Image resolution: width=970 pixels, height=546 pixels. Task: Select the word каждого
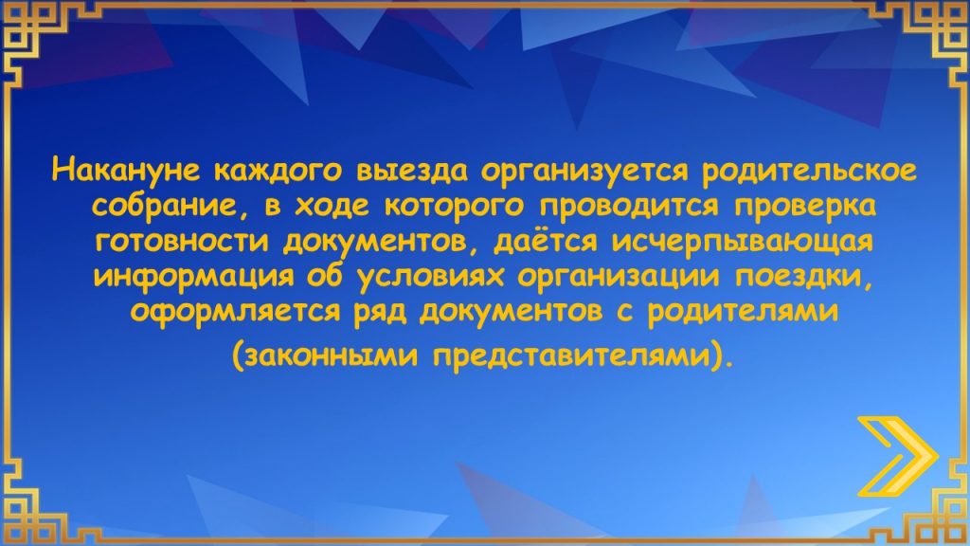pyautogui.click(x=277, y=172)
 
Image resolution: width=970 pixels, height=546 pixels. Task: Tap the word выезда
pyautogui.click(x=411, y=172)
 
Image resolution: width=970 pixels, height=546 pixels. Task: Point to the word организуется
pyautogui.click(x=584, y=172)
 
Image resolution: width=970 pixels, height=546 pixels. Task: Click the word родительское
pyautogui.click(x=809, y=172)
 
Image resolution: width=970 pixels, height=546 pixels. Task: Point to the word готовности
pyautogui.click(x=183, y=242)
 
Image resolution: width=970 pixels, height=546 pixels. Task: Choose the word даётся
pyautogui.click(x=546, y=240)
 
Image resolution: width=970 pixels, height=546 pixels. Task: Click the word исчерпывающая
pyautogui.click(x=743, y=242)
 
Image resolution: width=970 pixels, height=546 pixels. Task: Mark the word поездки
pyautogui.click(x=804, y=277)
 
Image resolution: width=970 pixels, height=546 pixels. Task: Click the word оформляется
pyautogui.click(x=235, y=311)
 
